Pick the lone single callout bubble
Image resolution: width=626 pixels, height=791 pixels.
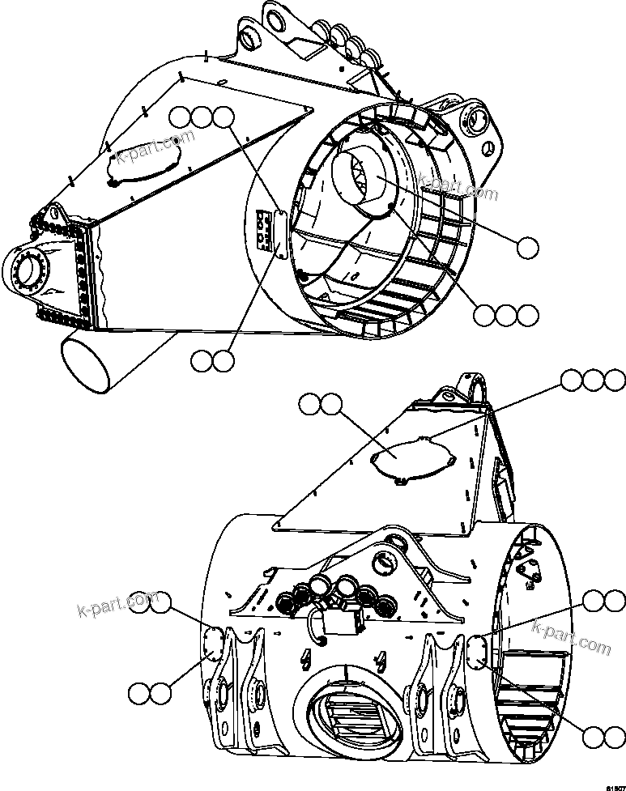pos(528,248)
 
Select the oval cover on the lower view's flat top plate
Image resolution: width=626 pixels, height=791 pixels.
pos(410,459)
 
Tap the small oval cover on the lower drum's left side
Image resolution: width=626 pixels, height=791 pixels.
pos(215,641)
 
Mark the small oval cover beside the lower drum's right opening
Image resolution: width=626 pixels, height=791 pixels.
pos(477,649)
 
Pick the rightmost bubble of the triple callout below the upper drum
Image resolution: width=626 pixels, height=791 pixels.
pos(528,315)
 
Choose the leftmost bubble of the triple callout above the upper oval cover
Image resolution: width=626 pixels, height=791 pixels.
pos(182,118)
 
